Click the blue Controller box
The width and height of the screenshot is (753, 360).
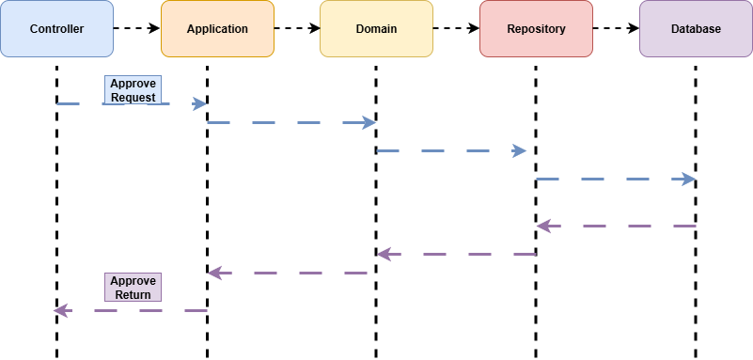click(x=56, y=28)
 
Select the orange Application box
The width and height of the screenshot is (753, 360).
click(x=217, y=28)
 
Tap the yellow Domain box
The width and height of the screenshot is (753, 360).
click(x=376, y=28)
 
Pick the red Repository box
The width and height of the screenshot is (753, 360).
click(x=536, y=28)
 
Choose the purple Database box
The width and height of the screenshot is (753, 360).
click(x=696, y=28)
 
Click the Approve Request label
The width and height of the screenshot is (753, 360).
click(x=133, y=89)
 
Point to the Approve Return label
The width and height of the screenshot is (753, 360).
click(x=133, y=287)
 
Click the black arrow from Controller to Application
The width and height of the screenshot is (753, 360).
click(x=137, y=28)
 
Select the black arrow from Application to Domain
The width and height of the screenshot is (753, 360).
click(x=297, y=28)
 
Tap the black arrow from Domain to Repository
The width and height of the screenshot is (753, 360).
click(x=456, y=28)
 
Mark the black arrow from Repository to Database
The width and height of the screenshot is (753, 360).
click(x=616, y=28)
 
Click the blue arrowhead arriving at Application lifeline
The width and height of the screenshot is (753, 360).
click(x=199, y=103)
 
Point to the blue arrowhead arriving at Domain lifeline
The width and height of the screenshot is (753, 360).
click(x=369, y=122)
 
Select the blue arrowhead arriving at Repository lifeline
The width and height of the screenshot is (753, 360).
click(x=519, y=150)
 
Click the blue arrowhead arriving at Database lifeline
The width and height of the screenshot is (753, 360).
click(x=688, y=179)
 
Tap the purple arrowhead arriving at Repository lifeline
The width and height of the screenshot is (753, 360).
click(x=543, y=226)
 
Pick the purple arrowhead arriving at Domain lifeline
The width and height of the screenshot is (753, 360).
click(x=384, y=254)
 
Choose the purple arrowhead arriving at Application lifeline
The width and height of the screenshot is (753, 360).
click(x=214, y=273)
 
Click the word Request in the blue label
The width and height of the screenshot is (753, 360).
click(x=133, y=97)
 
